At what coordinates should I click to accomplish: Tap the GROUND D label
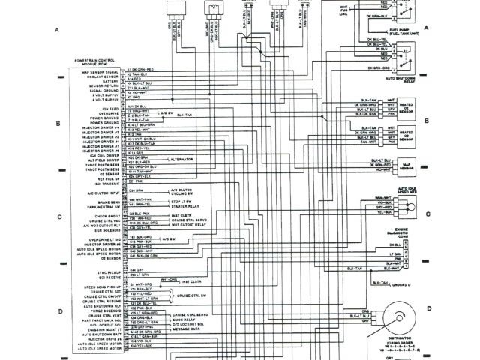pyautogui.click(x=403, y=286)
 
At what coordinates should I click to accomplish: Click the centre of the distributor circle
pyautogui.click(x=400, y=318)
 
